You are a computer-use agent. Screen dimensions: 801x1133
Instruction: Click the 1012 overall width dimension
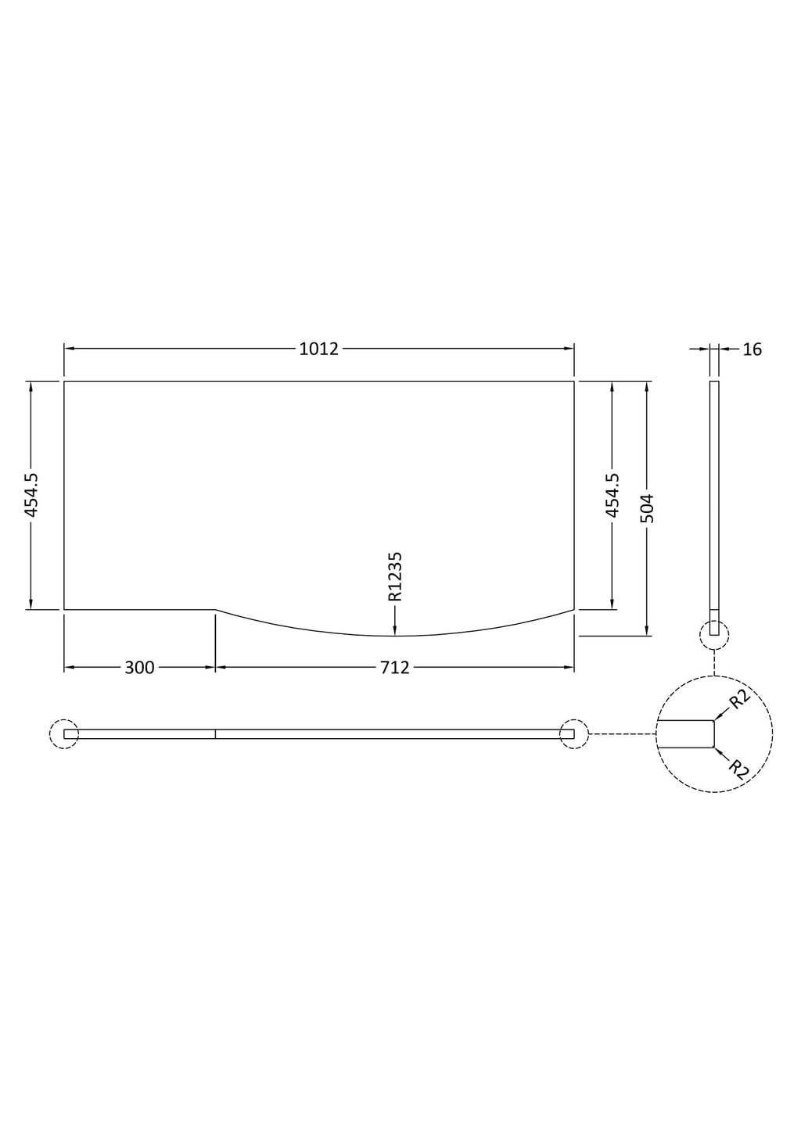pyautogui.click(x=318, y=349)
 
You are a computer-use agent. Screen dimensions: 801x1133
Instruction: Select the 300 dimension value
pyautogui.click(x=139, y=668)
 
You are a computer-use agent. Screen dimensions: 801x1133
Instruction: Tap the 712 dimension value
pyautogui.click(x=395, y=668)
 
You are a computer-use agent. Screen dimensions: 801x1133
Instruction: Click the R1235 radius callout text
pyautogui.click(x=395, y=576)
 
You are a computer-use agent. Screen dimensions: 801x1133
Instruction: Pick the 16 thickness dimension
pyautogui.click(x=753, y=350)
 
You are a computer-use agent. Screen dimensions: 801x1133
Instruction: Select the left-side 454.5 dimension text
pyautogui.click(x=31, y=496)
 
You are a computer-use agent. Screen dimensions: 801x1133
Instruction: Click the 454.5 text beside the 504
pyautogui.click(x=612, y=496)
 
